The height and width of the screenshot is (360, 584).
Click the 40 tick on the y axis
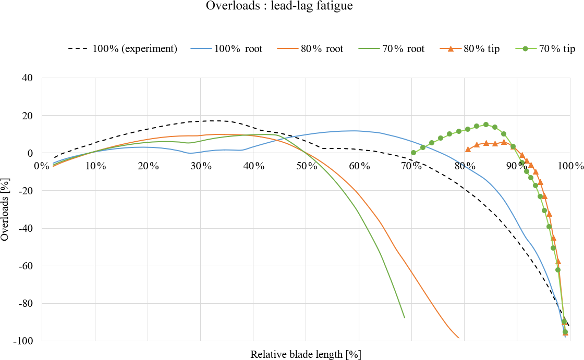pyautogui.click(x=27, y=78)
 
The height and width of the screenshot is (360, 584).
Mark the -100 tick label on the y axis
pyautogui.click(x=22, y=341)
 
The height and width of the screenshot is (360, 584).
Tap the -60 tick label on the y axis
pyautogui.click(x=25, y=266)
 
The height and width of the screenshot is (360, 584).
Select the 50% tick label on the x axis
pyautogui.click(x=307, y=166)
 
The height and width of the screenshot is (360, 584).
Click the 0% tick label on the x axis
pyautogui.click(x=42, y=166)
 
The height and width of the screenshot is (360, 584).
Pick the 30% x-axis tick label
pyautogui.click(x=201, y=166)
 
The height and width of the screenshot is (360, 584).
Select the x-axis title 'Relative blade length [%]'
pyautogui.click(x=306, y=355)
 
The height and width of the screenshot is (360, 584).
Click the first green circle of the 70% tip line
pyautogui.click(x=413, y=153)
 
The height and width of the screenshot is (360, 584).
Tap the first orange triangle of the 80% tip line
pyautogui.click(x=468, y=150)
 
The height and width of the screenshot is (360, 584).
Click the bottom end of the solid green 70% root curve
pyautogui.click(x=404, y=317)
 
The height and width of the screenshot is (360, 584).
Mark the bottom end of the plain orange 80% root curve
pyautogui.click(x=459, y=338)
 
